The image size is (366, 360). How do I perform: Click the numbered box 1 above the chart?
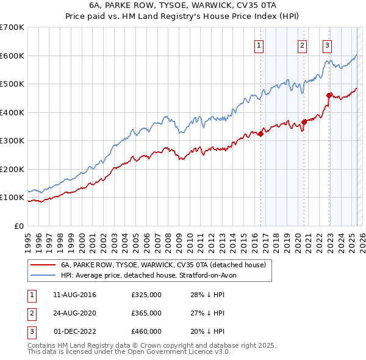tap(259, 45)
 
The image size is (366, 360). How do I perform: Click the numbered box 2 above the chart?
tap(302, 45)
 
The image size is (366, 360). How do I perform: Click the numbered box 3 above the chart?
tap(327, 45)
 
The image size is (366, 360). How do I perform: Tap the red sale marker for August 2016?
tap(260, 134)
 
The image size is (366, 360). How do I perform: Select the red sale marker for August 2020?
tap(304, 123)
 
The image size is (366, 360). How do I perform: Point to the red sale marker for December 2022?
tap(329, 95)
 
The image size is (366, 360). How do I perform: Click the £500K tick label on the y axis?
tap(12, 84)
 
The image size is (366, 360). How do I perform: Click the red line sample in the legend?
tap(43, 265)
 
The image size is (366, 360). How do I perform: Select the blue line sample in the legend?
tap(43, 276)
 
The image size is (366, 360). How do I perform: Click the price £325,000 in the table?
tap(146, 295)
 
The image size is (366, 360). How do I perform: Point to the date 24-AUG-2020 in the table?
tap(74, 313)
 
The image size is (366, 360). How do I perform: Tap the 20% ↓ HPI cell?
tap(207, 331)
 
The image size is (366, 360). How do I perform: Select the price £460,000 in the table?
tap(146, 331)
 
